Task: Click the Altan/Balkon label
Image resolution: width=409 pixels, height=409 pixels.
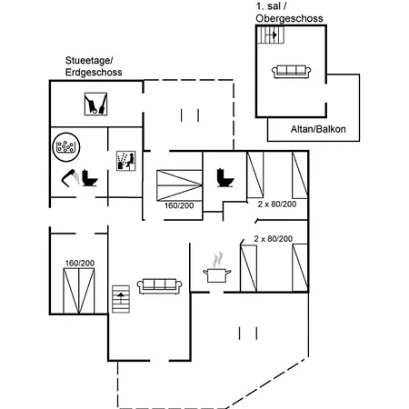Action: pyautogui.click(x=318, y=129)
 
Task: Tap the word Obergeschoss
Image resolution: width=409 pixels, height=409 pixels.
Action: pyautogui.click(x=289, y=18)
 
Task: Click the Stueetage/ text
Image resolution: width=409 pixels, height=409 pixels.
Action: pyautogui.click(x=89, y=61)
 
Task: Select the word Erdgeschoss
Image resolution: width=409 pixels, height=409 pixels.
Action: pyautogui.click(x=94, y=73)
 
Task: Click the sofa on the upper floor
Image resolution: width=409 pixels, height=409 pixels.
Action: pyautogui.click(x=291, y=72)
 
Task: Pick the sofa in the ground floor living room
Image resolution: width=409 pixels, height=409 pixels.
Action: pyautogui.click(x=159, y=286)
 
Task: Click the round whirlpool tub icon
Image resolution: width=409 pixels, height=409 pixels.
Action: pyautogui.click(x=66, y=147)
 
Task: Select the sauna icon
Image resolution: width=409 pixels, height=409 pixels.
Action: pyautogui.click(x=126, y=161)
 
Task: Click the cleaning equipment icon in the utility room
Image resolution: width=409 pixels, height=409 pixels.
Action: pyautogui.click(x=95, y=104)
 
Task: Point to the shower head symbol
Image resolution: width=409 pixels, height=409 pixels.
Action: pyautogui.click(x=70, y=177)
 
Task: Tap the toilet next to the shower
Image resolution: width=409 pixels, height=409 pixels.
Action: pyautogui.click(x=90, y=178)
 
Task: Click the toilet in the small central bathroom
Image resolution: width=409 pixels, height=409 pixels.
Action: pyautogui.click(x=225, y=178)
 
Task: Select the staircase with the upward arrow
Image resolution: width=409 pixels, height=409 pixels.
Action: pyautogui.click(x=121, y=299)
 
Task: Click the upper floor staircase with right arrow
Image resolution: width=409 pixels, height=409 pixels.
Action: pyautogui.click(x=271, y=35)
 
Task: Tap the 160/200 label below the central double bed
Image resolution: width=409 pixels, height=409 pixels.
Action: pyautogui.click(x=179, y=205)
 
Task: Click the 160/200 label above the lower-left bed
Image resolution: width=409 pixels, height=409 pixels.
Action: pyautogui.click(x=80, y=263)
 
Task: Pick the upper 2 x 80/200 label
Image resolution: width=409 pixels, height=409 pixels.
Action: pyautogui.click(x=277, y=204)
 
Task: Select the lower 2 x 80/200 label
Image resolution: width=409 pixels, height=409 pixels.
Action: pyautogui.click(x=274, y=239)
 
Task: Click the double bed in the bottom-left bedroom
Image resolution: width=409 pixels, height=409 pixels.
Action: pyautogui.click(x=79, y=291)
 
